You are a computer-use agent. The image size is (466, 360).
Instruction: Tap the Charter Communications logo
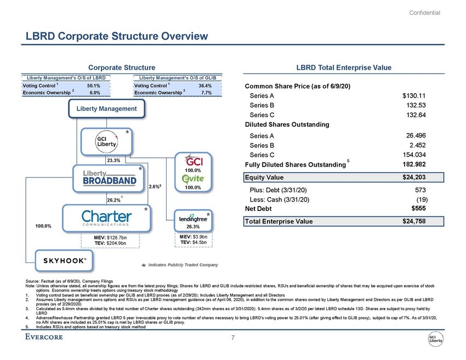[x=105, y=215]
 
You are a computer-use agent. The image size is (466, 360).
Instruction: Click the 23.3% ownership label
[x=115, y=160]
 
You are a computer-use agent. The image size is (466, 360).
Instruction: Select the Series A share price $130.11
[x=414, y=96]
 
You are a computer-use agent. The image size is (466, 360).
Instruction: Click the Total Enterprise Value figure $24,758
[x=413, y=221]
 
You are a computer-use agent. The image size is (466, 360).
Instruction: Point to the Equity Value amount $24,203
[x=413, y=177]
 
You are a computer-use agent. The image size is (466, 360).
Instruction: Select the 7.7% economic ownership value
[x=207, y=93]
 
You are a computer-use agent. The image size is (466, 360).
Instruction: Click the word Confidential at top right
[x=425, y=13]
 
